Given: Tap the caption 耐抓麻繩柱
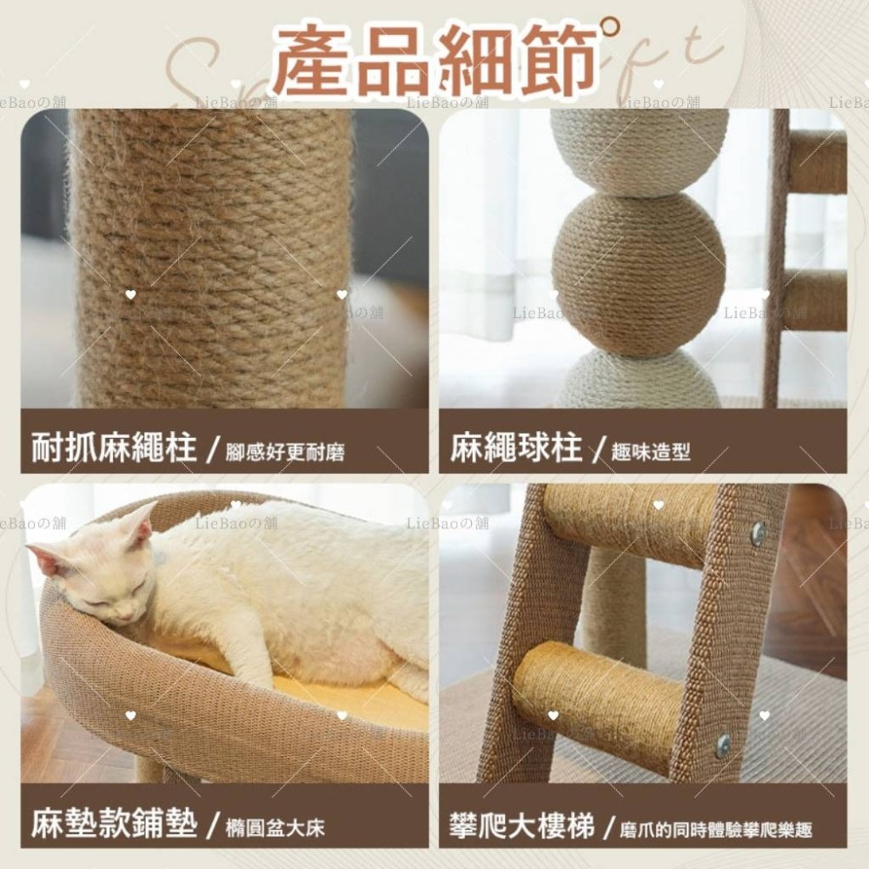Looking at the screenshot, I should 114,449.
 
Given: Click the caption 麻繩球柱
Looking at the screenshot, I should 515,449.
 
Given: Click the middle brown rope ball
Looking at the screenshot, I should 639,274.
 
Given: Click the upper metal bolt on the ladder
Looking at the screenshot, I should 758,533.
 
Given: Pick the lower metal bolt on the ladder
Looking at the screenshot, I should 722,746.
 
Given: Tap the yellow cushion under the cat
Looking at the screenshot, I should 348,695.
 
